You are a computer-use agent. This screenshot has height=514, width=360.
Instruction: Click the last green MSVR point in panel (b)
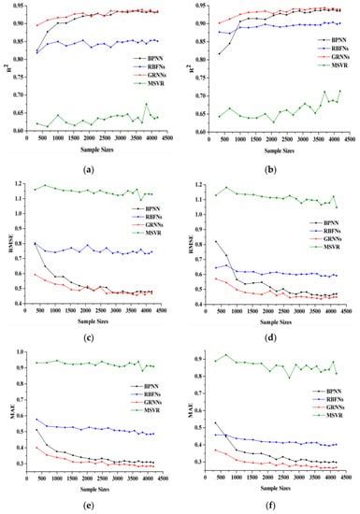(339, 91)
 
